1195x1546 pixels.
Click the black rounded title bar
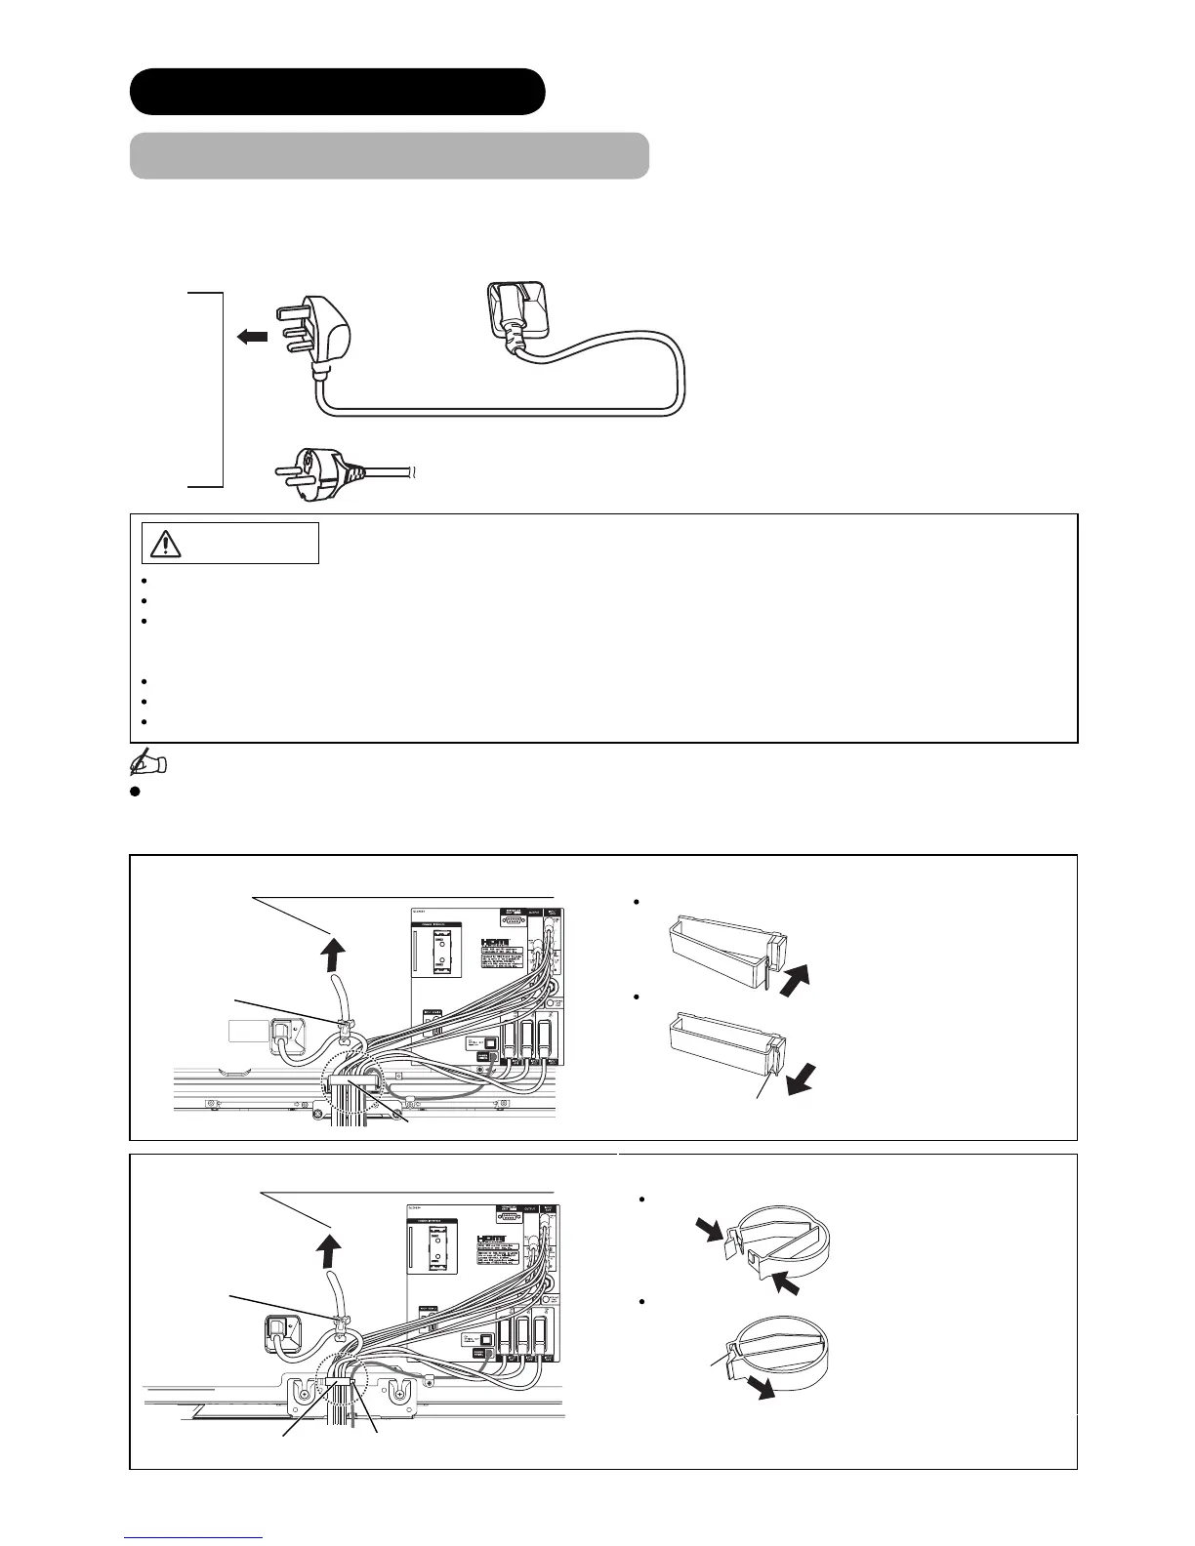337,92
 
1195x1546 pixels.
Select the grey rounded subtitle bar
390,156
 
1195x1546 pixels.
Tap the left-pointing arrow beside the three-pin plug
252,337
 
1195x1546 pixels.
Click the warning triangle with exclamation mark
166,544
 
